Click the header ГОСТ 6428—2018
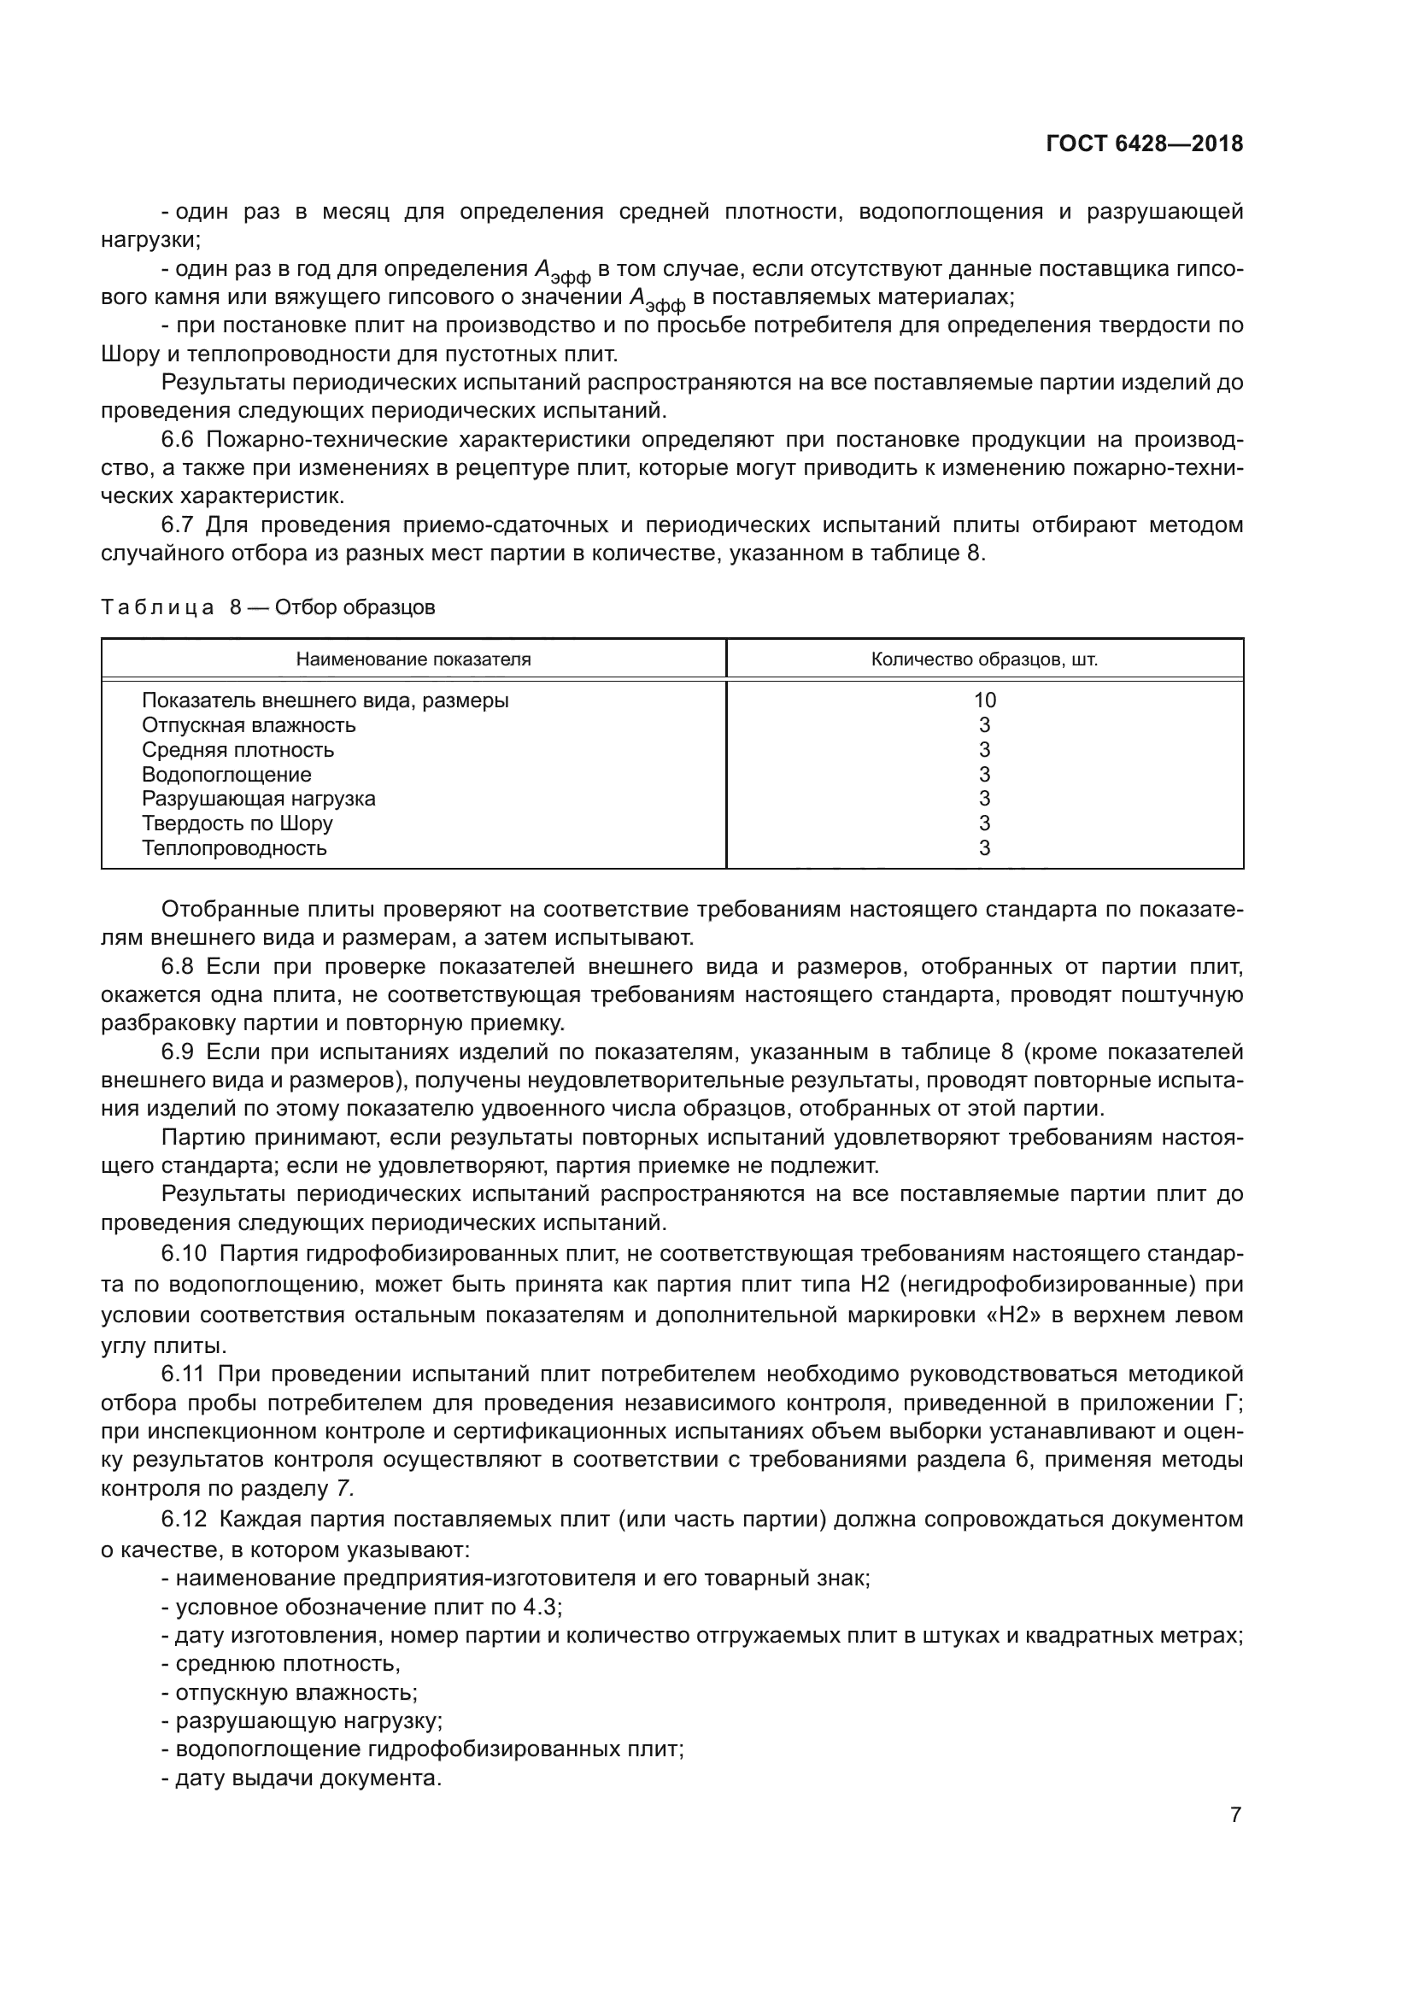coord(1144,144)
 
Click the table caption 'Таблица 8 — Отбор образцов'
coord(268,607)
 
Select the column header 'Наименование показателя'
coord(413,659)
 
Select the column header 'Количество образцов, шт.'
coord(984,659)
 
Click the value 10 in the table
coord(984,700)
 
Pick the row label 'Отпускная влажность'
coord(249,725)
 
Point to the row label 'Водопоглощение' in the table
coord(226,775)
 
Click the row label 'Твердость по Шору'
coord(237,823)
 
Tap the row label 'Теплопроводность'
coord(235,847)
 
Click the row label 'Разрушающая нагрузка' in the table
coord(258,799)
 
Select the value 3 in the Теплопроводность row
coord(984,847)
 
